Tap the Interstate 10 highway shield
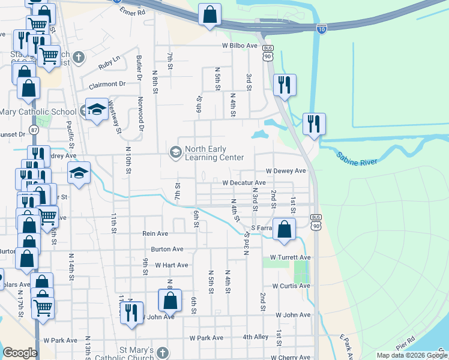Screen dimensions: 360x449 322,28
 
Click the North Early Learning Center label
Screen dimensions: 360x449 214,153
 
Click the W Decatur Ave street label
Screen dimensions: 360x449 244,182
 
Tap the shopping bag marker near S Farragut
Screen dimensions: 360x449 285,229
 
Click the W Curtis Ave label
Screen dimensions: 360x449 290,286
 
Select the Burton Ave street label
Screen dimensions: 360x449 167,249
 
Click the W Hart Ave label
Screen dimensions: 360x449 171,265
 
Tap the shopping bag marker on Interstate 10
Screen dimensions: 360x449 209,16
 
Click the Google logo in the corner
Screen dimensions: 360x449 20,353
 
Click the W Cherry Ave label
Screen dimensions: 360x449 290,357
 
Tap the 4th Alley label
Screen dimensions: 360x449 256,337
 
